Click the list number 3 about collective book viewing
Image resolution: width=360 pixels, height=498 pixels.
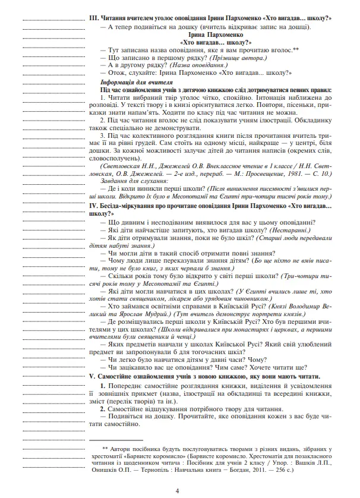(x=102, y=135)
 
